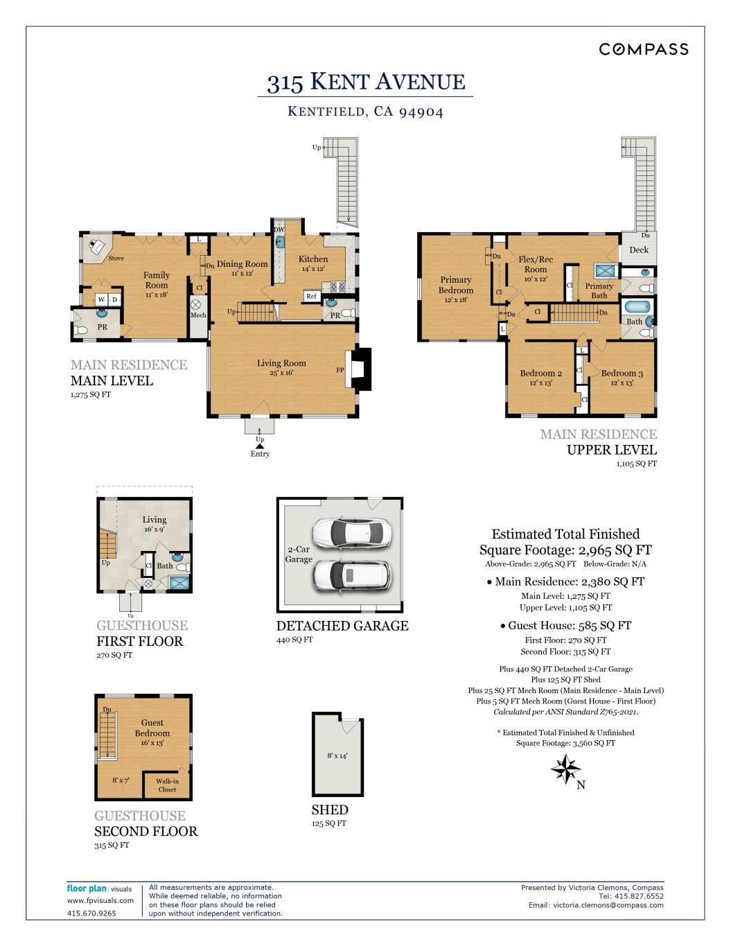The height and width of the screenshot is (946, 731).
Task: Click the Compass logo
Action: (644, 49)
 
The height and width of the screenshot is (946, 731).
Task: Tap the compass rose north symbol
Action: (565, 770)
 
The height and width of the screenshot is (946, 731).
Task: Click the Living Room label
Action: (281, 363)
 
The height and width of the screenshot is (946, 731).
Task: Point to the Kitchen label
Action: (313, 259)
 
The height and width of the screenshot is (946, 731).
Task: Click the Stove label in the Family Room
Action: (116, 259)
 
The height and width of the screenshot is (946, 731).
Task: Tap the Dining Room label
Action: (242, 264)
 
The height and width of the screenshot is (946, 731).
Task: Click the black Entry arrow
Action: (260, 446)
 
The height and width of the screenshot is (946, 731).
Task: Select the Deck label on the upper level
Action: (639, 250)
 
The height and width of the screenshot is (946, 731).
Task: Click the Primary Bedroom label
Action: (455, 285)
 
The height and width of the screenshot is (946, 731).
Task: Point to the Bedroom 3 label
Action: (622, 373)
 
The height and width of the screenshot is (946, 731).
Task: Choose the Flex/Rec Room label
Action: (535, 264)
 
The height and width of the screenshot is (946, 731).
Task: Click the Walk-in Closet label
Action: (167, 785)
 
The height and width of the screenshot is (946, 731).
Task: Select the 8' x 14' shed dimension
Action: (337, 755)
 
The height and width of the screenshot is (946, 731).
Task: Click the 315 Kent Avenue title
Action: (366, 82)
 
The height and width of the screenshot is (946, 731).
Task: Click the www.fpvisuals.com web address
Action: (100, 901)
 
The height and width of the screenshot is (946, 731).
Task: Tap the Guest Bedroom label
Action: (152, 728)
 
